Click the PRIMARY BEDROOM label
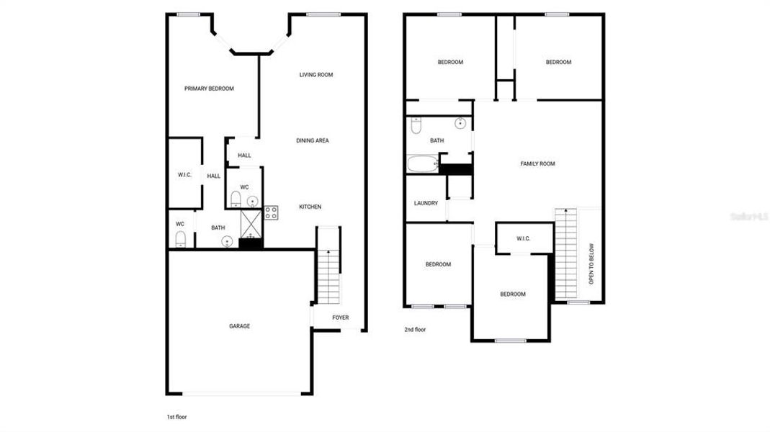coord(209,89)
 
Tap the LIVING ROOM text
coord(316,75)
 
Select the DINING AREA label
coord(313,140)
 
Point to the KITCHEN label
coord(310,207)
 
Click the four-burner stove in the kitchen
coord(272,212)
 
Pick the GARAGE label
coord(240,326)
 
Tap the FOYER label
coord(341,318)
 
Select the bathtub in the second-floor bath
coord(422,164)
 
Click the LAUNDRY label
coord(426,203)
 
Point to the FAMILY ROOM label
coord(538,164)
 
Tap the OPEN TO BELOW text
coord(591,264)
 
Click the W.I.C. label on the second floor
coord(524,238)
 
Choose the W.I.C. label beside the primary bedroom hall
coord(184,175)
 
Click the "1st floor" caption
coord(177,417)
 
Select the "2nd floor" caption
coord(415,330)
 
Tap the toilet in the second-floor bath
coord(416,126)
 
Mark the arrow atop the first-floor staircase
coord(328,251)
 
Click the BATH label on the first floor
coord(218,228)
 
